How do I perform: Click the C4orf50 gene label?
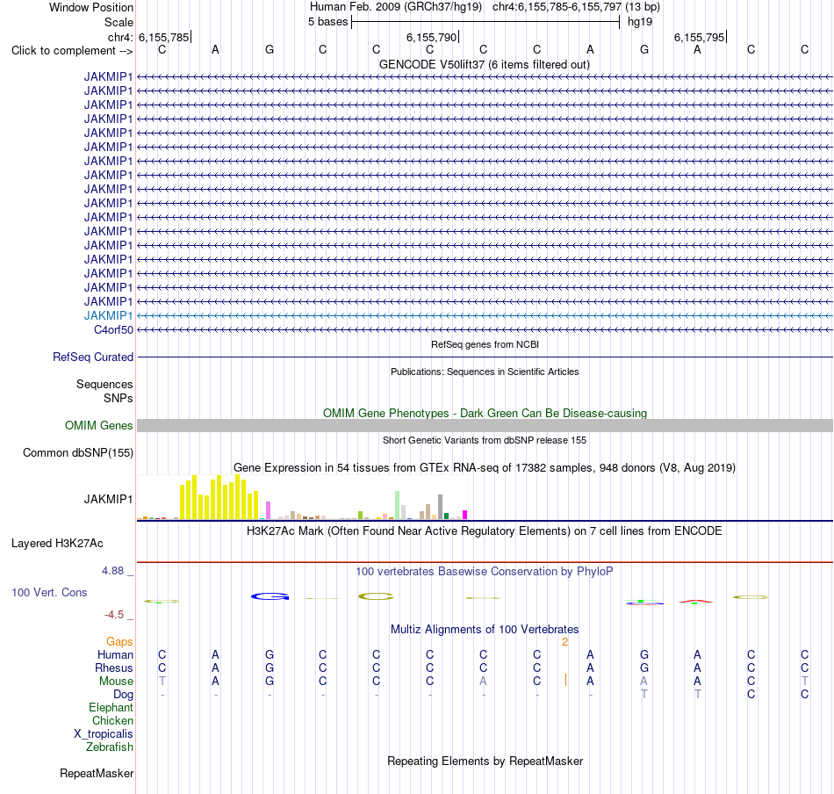[x=113, y=330]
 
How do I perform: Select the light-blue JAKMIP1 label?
[x=108, y=315]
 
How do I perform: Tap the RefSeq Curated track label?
[x=92, y=357]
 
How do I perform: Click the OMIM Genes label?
[x=98, y=426]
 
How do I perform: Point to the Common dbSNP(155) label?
[x=77, y=453]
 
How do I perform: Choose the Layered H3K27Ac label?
[x=57, y=544]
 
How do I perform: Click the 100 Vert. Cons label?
[x=49, y=592]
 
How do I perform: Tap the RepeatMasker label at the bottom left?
[x=97, y=773]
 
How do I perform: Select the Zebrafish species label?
[x=110, y=747]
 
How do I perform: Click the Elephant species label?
[x=111, y=708]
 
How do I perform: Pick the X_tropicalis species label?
[x=104, y=734]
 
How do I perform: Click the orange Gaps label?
[x=119, y=642]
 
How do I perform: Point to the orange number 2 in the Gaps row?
[x=564, y=642]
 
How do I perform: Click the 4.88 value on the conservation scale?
[x=112, y=571]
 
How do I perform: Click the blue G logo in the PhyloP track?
[x=270, y=596]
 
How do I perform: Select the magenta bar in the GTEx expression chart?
[x=465, y=515]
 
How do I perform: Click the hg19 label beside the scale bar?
[x=640, y=22]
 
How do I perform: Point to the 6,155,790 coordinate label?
[x=431, y=37]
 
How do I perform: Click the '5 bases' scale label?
[x=327, y=22]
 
